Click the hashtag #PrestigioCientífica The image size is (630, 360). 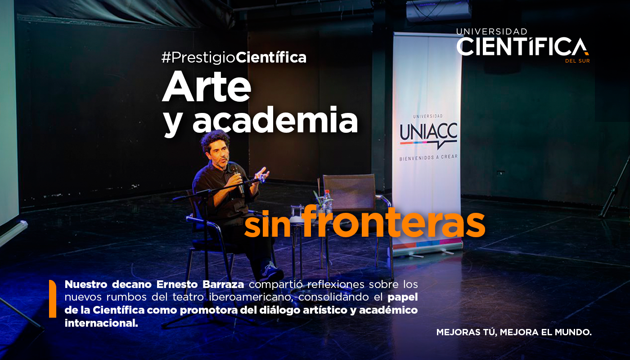click(234, 58)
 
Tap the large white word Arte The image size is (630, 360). click(207, 88)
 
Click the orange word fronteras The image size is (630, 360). click(394, 221)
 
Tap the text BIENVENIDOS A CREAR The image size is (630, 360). click(428, 158)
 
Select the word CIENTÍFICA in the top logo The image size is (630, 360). click(522, 47)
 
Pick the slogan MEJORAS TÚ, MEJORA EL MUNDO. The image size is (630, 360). click(513, 333)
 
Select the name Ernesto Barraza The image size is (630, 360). click(199, 284)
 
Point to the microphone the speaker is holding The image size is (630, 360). click(236, 173)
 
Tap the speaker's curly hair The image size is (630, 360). click(215, 139)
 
